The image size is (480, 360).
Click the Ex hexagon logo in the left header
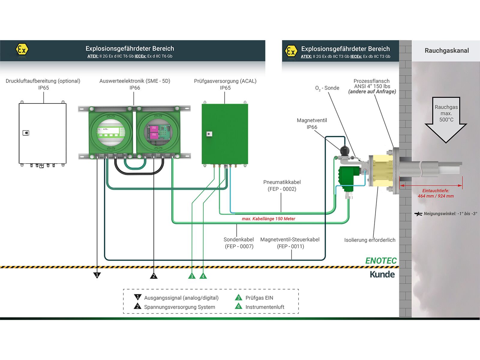click(x=22, y=49)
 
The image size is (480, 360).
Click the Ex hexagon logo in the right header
click(x=291, y=51)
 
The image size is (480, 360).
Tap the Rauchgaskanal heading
click(x=446, y=50)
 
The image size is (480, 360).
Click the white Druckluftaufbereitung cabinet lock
click(x=26, y=133)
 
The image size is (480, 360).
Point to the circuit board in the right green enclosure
click(x=158, y=132)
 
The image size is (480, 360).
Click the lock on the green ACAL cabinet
click(x=209, y=134)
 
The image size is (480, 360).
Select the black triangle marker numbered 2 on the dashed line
click(x=154, y=276)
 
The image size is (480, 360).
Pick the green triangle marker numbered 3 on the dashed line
click(x=192, y=276)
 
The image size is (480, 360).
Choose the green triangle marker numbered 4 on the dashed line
click(x=203, y=276)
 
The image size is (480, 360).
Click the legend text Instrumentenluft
click(x=265, y=307)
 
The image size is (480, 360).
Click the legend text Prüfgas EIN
click(x=259, y=298)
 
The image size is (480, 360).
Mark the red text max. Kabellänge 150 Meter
click(x=268, y=219)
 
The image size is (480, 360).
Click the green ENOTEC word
click(x=381, y=261)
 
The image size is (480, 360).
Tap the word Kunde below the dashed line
click(x=382, y=274)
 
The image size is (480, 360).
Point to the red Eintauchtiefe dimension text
click(x=436, y=193)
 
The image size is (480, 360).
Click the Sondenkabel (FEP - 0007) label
click(x=239, y=243)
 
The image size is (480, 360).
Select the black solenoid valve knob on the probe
click(x=345, y=150)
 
